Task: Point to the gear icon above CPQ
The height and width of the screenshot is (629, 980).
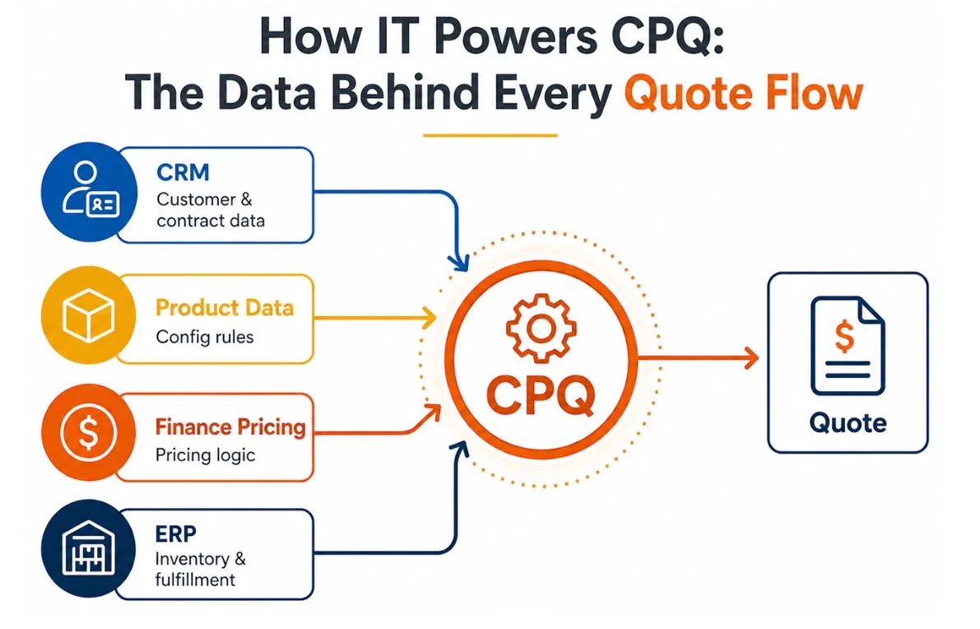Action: (x=539, y=330)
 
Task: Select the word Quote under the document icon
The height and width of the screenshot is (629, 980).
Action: (x=848, y=422)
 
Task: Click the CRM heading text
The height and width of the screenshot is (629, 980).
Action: (x=183, y=173)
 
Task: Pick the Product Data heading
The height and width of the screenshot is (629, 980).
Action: (x=224, y=308)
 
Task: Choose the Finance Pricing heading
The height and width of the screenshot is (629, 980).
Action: (x=230, y=427)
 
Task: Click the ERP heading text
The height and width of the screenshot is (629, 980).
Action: (x=175, y=533)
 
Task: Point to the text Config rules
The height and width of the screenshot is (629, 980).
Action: (x=204, y=337)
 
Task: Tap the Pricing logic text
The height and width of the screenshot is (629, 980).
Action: (x=205, y=455)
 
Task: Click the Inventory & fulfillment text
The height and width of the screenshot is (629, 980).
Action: (x=200, y=569)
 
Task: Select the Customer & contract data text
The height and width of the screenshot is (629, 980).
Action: (x=210, y=210)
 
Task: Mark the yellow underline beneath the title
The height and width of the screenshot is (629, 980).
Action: (x=490, y=135)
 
